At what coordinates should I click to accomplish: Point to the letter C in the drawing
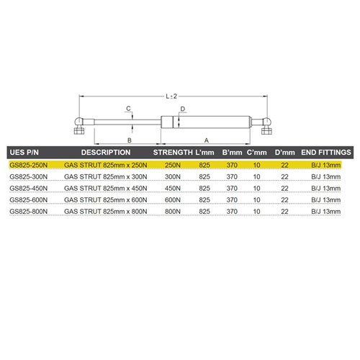click(127, 109)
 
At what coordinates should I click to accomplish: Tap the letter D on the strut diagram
click(184, 109)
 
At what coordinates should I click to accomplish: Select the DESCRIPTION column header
click(105, 153)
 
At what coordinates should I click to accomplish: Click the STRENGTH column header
click(174, 153)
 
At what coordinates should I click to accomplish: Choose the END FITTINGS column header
click(326, 153)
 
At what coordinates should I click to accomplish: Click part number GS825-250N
click(29, 165)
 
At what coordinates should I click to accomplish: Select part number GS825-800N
click(29, 212)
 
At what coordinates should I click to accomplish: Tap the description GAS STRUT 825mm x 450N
click(105, 189)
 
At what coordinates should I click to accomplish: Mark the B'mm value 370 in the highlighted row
click(232, 165)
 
